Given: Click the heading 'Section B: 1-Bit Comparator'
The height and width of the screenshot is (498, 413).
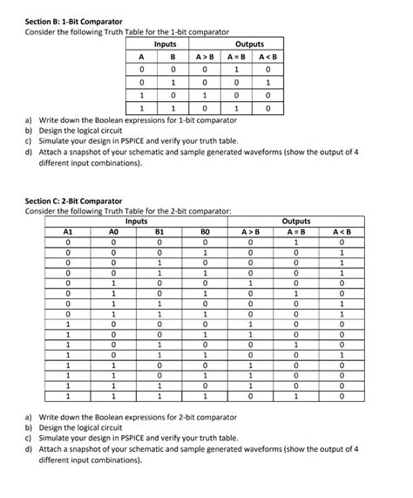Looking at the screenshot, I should [x=73, y=21].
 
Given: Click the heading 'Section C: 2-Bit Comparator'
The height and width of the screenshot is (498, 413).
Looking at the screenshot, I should [x=74, y=201].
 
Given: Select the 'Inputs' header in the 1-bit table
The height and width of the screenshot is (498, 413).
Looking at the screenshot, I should [x=165, y=44].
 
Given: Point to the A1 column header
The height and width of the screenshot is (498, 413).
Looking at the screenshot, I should [x=68, y=232].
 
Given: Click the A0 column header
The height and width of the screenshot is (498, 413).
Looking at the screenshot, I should [x=112, y=232].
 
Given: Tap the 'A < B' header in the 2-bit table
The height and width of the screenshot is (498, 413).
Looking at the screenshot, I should [x=341, y=232].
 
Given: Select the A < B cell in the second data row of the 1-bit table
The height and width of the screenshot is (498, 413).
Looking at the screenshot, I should [x=268, y=83].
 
